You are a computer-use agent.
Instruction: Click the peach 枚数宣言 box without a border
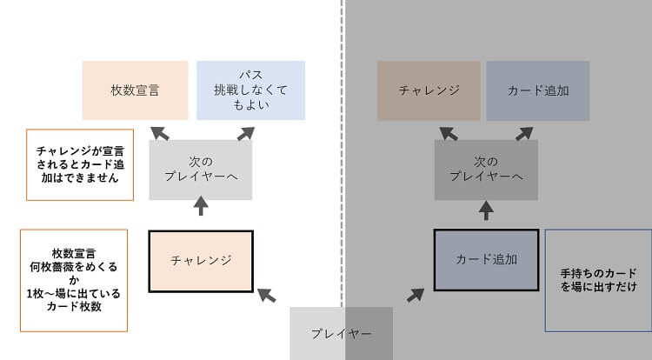pos(135,90)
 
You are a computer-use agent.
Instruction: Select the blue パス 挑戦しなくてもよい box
pos(250,90)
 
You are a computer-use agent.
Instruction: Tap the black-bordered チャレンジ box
pos(201,260)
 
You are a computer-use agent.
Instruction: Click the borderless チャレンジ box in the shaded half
pos(429,90)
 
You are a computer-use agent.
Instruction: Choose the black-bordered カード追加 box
pos(486,259)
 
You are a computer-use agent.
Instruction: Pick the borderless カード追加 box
pos(537,90)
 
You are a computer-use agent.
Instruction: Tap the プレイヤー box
pos(342,333)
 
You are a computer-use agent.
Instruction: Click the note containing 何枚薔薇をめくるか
pos(73,280)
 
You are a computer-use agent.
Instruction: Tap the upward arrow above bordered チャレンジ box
pos(201,206)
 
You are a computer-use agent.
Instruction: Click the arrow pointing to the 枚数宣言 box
pos(159,132)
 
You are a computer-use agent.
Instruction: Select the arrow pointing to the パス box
pos(245,132)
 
